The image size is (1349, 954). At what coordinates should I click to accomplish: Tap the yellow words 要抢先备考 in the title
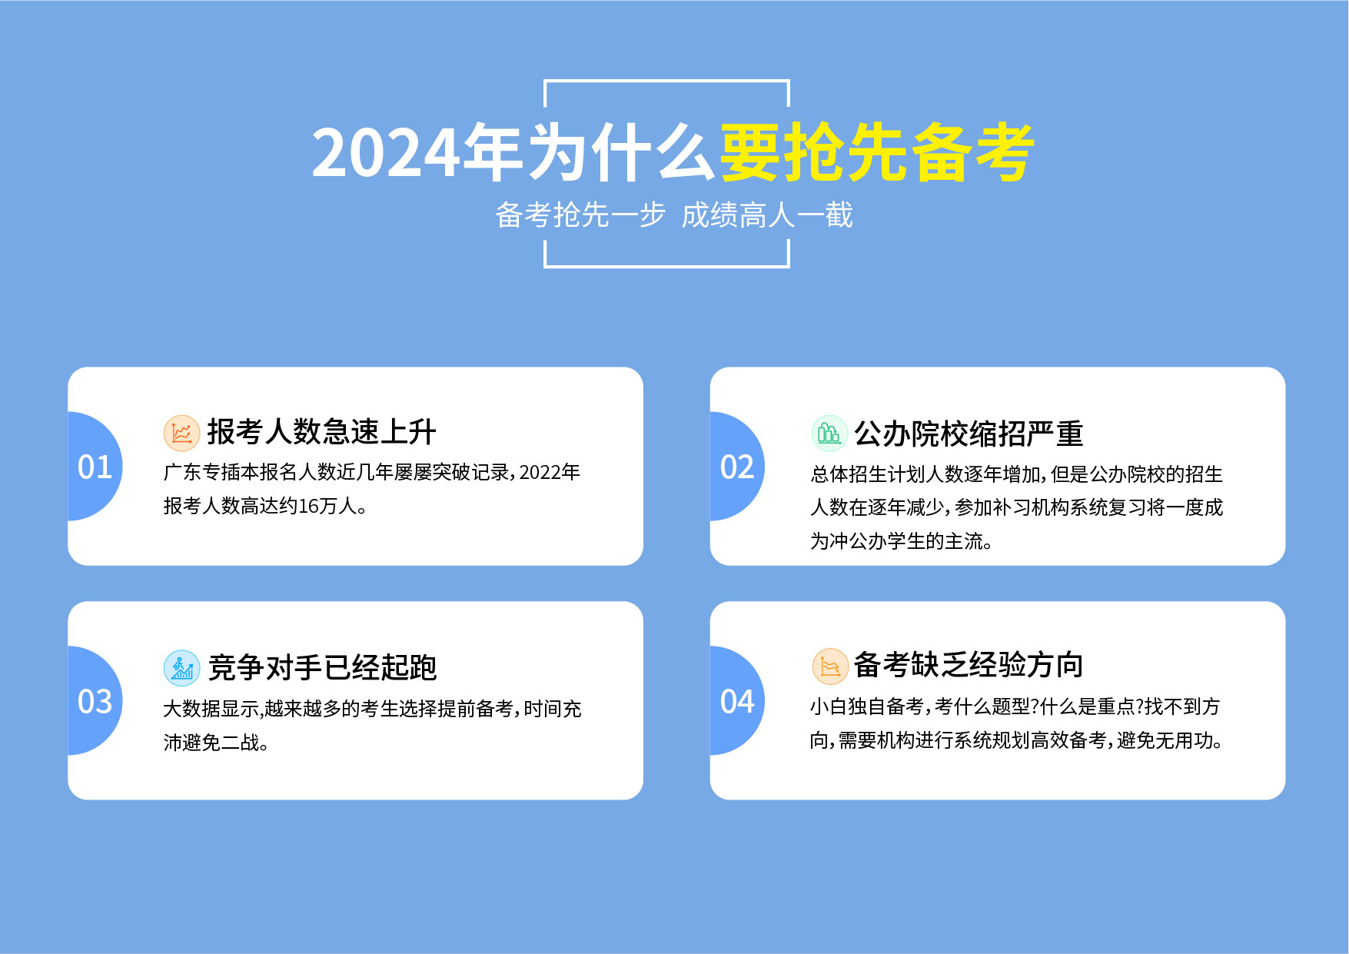[x=877, y=152]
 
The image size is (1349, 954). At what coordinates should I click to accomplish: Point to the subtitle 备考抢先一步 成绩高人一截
[x=674, y=215]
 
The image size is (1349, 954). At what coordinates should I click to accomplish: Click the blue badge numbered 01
[x=95, y=467]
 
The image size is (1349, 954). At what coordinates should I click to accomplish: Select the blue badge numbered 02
[x=736, y=467]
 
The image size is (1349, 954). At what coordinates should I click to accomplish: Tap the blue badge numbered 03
[x=95, y=701]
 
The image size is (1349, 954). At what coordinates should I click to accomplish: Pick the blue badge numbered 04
[x=736, y=701]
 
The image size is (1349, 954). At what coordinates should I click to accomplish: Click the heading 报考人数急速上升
[x=321, y=432]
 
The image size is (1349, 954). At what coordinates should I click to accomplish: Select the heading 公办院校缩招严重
[x=969, y=434]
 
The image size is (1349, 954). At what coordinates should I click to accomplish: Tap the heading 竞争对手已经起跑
[x=322, y=667]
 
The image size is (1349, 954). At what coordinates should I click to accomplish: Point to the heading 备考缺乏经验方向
[x=969, y=665]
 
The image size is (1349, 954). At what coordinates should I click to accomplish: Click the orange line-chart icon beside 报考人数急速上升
[x=181, y=434]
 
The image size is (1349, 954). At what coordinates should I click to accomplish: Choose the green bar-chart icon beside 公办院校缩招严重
[x=829, y=434]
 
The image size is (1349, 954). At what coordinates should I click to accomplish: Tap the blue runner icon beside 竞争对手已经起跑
[x=181, y=668]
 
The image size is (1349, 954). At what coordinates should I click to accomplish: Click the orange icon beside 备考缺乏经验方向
[x=830, y=666]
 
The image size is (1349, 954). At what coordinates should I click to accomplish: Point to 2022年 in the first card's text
[x=550, y=472]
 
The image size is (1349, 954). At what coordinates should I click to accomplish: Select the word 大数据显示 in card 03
[x=211, y=709]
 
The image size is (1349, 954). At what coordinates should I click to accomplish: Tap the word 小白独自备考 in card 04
[x=867, y=706]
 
